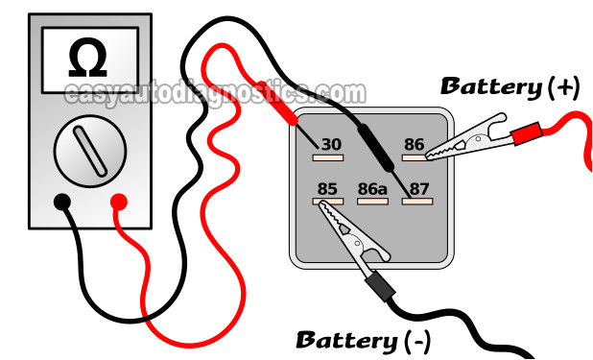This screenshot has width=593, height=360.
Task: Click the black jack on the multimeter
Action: [x=62, y=202]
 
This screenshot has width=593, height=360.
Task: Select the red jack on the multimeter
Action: [x=120, y=202]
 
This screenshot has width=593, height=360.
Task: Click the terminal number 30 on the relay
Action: [x=331, y=145]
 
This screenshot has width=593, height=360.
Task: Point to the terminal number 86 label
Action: [x=414, y=145]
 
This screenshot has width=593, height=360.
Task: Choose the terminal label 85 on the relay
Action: [x=327, y=189]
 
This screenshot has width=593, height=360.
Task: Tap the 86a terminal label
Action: [x=371, y=189]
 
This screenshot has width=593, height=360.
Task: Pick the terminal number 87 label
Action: [x=418, y=189]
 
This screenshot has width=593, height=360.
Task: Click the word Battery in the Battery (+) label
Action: [x=490, y=87]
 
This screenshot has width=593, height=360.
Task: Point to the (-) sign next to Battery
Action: [x=417, y=340]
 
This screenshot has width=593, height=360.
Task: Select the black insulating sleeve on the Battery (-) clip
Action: [x=380, y=285]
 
